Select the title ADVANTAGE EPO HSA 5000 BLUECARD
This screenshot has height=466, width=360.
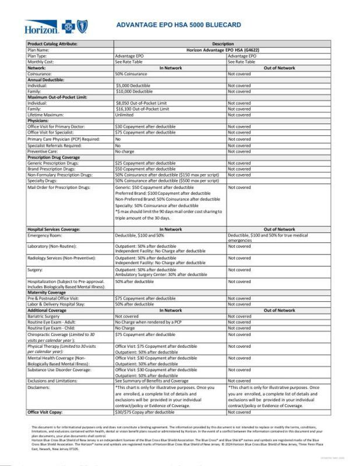(187, 26)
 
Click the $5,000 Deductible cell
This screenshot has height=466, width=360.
(133, 85)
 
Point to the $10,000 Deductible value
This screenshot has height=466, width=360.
(134, 91)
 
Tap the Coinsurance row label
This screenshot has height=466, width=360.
(39, 74)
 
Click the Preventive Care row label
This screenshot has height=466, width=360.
(43, 151)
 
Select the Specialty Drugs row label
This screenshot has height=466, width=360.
(43, 181)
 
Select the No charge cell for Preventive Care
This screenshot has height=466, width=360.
(125, 151)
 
